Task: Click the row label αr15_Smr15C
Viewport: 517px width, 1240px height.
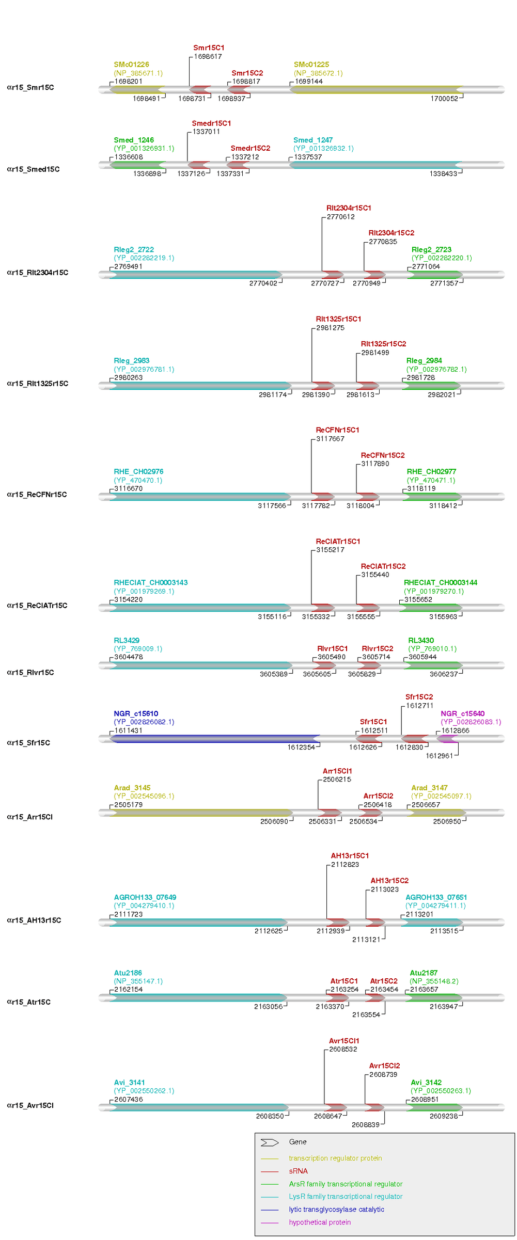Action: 30,87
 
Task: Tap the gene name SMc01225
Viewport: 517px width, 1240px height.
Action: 311,65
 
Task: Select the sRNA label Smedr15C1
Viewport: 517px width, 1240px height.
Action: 211,123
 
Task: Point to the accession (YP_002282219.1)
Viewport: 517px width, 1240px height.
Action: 144,258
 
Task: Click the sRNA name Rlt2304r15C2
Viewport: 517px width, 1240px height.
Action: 391,233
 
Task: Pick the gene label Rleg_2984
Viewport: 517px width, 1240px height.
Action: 424,360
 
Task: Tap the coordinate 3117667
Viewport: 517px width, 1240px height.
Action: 330,439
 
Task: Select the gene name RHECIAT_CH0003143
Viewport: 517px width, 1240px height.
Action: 150,582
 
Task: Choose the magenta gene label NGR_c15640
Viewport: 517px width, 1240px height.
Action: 462,713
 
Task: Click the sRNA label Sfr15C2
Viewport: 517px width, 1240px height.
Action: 419,697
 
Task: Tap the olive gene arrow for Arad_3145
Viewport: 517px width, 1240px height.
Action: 201,813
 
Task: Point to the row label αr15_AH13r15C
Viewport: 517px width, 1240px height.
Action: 34,920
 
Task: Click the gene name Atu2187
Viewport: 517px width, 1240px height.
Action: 424,973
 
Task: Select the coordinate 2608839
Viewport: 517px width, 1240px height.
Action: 365,1124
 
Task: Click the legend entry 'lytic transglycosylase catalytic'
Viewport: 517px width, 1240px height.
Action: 336,1209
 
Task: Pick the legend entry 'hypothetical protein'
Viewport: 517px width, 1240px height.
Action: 320,1222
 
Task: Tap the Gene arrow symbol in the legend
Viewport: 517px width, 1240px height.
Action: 270,1142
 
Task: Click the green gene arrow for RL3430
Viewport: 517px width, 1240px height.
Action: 432,665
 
